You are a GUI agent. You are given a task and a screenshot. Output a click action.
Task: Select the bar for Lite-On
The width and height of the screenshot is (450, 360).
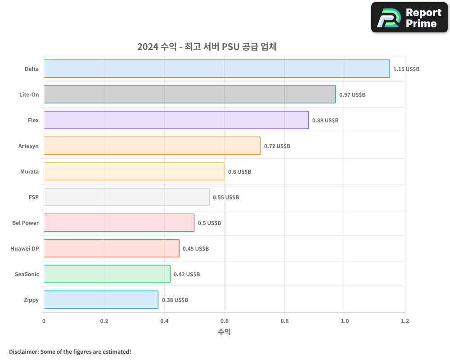189,94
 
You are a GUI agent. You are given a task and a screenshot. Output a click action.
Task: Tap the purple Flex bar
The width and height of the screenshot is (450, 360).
176,120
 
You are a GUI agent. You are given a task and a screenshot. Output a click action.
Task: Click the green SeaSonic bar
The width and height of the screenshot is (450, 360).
107,274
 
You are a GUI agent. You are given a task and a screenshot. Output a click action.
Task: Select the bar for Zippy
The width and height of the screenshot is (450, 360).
101,300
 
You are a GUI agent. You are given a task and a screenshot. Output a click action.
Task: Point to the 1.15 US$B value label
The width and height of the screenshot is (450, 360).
406,69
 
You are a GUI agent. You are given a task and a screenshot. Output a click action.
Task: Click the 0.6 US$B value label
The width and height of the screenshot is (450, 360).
239,172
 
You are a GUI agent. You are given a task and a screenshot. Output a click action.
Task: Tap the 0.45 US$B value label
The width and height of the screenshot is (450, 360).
196,249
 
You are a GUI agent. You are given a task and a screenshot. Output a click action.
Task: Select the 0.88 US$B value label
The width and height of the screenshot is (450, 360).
325,121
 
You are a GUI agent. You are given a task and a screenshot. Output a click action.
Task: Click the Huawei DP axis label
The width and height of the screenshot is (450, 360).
25,249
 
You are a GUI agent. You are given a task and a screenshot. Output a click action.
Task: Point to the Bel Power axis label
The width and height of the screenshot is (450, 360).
26,223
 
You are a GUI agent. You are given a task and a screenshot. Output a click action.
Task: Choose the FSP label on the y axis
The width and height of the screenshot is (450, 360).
34,198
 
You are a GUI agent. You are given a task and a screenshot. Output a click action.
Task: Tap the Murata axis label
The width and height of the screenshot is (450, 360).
30,172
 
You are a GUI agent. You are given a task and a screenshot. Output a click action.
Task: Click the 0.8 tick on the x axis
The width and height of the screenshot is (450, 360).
284,321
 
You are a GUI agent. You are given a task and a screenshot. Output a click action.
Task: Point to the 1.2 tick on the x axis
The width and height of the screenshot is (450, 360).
405,321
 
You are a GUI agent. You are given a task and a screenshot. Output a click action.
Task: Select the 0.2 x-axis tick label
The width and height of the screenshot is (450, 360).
104,321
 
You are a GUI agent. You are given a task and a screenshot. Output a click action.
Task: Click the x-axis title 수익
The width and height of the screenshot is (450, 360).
224,332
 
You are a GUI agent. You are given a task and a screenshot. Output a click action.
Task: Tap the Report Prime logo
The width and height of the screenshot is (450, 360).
409,18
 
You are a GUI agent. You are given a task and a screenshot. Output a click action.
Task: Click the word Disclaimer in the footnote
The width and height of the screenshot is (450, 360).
23,351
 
